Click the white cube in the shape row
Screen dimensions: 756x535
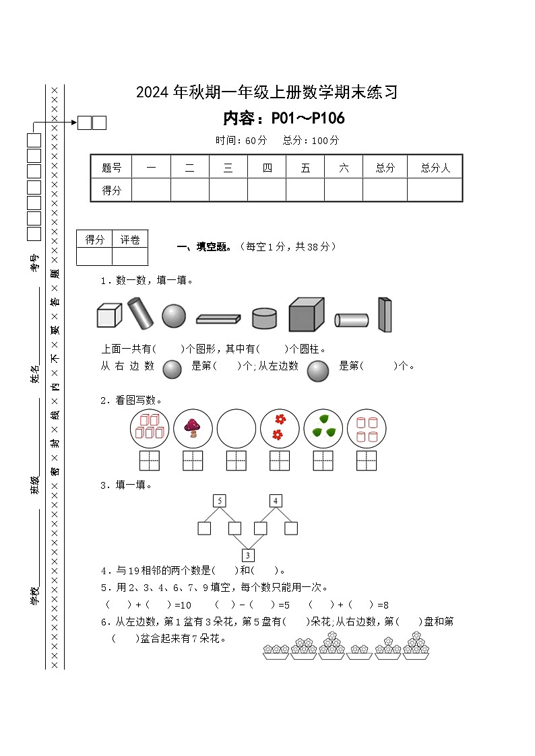click(x=108, y=315)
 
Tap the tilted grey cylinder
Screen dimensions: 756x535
click(x=141, y=313)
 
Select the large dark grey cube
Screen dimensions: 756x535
click(x=306, y=314)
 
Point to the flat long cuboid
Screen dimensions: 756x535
click(x=218, y=318)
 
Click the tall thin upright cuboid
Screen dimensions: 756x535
click(x=384, y=314)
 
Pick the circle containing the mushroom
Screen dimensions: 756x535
click(x=193, y=429)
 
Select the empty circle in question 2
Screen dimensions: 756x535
click(x=237, y=429)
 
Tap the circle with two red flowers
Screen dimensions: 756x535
click(x=280, y=429)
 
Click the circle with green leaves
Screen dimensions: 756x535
click(x=323, y=429)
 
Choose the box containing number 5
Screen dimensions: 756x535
click(x=219, y=501)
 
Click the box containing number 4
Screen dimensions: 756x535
click(x=276, y=501)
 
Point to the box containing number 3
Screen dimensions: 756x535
click(x=248, y=555)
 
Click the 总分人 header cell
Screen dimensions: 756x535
click(x=435, y=168)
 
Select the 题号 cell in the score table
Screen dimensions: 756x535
click(x=111, y=168)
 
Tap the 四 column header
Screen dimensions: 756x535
click(x=267, y=168)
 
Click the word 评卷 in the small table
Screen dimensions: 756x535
click(x=130, y=240)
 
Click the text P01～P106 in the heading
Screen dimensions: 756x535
click(x=308, y=119)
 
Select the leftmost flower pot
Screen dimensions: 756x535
click(x=276, y=651)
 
